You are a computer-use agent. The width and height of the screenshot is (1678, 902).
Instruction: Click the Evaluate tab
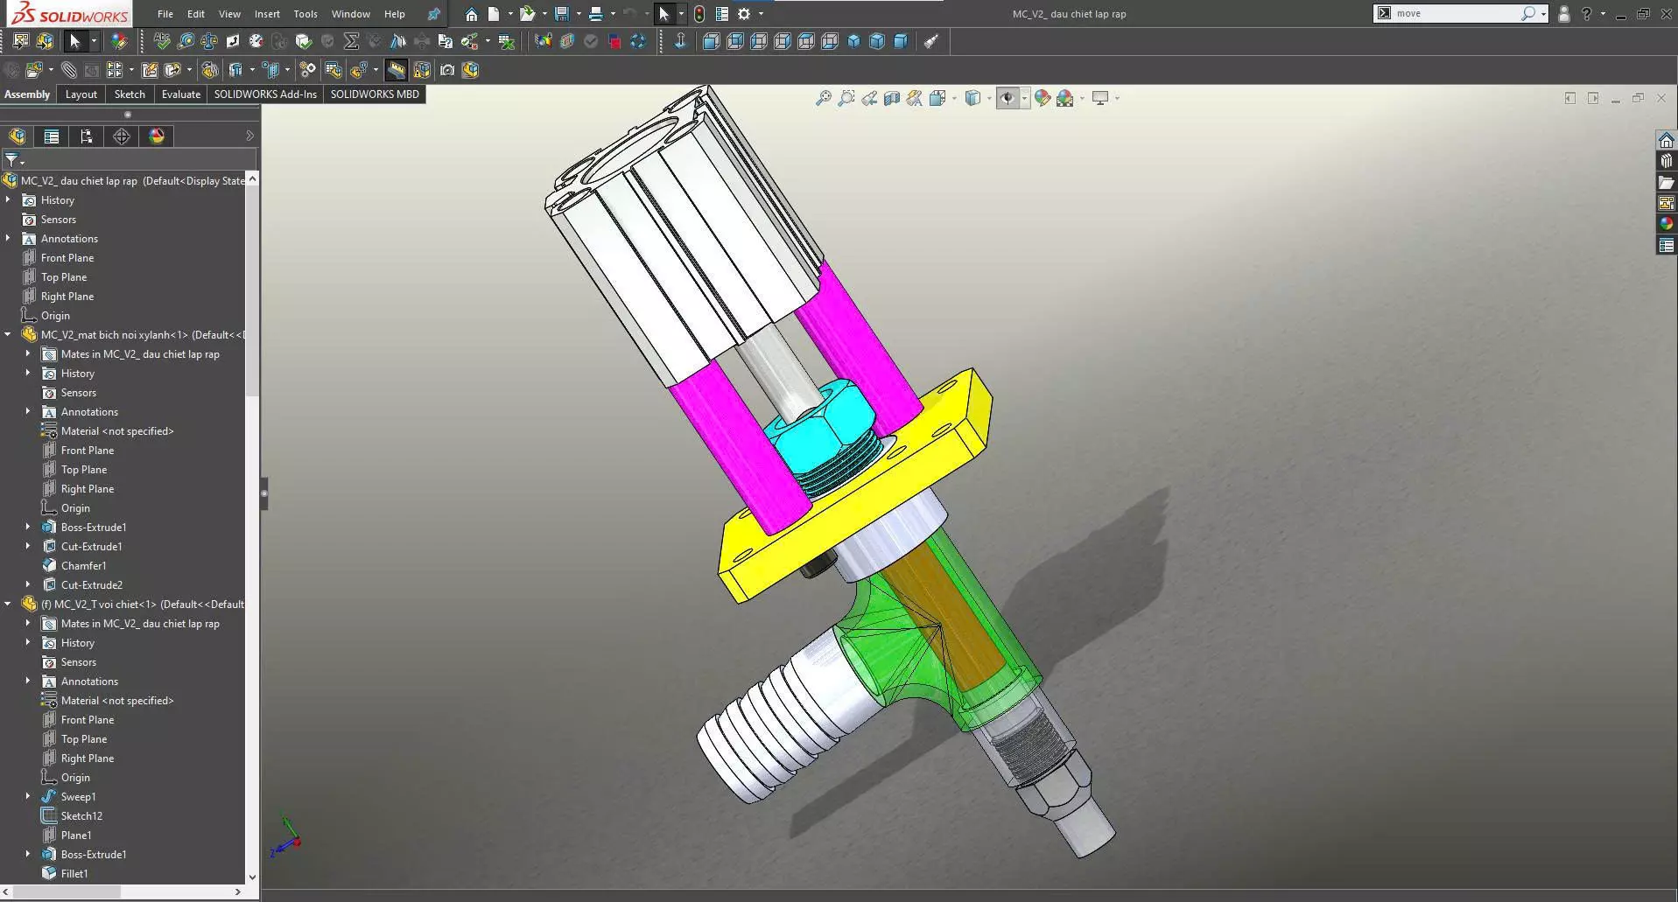(x=180, y=94)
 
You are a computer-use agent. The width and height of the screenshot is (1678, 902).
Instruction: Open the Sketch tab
(x=130, y=94)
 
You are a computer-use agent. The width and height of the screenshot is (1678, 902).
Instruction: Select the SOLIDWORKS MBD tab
(x=375, y=94)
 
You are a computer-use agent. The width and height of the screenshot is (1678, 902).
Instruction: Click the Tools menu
(x=305, y=14)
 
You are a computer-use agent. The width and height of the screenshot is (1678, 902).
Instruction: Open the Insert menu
(x=267, y=14)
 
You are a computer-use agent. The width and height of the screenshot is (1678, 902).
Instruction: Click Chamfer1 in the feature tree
(x=83, y=566)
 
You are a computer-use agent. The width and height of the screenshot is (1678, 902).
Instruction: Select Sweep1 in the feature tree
(x=78, y=797)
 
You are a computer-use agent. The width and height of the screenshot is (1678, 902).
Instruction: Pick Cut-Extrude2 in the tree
(x=91, y=585)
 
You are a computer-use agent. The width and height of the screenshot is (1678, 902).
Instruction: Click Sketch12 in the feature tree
(x=81, y=816)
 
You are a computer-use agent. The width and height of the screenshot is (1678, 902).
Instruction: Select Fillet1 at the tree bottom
(x=74, y=874)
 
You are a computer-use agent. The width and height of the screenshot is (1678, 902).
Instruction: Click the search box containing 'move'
(x=1453, y=14)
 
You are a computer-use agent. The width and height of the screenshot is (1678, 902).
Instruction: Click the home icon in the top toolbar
(x=471, y=14)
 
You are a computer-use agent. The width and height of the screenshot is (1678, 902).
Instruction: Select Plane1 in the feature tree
(x=76, y=836)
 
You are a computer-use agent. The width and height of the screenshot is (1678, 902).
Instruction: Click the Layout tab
(x=81, y=94)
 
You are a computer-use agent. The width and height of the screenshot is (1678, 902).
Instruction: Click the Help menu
(x=395, y=14)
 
